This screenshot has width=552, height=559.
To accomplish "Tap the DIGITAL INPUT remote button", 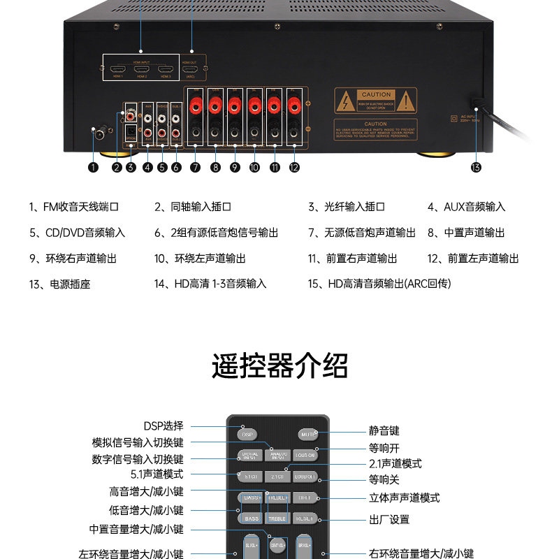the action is point(250,455).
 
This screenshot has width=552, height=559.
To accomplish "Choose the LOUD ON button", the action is point(305,455).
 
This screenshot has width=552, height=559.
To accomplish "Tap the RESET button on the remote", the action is point(305,518).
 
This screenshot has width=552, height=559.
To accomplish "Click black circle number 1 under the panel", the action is point(93,167).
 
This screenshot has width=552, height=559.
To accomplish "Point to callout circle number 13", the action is point(476,167).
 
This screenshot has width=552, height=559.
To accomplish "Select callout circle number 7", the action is point(195,167).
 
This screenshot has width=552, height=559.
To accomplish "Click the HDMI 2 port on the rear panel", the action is point(142,69).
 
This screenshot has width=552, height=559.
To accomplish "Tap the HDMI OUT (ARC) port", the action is point(189,69).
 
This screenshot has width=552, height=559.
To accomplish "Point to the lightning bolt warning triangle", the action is point(345,102).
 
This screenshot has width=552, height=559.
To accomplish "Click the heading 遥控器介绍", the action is point(279,365).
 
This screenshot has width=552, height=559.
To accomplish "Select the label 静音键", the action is point(384,431).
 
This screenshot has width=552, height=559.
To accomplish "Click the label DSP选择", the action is point(164,426).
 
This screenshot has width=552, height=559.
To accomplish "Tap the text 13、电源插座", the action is point(60,284).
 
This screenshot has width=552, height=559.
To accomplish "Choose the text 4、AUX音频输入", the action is point(466,207).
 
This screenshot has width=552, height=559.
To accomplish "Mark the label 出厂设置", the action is point(389,519).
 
